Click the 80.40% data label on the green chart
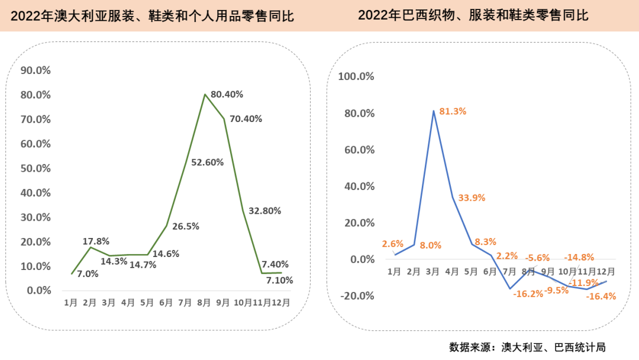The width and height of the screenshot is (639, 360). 227,94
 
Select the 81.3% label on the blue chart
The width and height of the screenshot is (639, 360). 453,111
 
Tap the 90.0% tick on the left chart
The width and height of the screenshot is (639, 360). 35,70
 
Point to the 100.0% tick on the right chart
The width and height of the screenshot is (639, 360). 356,76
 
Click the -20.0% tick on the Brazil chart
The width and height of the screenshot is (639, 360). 356,296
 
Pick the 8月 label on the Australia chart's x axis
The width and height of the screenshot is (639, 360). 204,303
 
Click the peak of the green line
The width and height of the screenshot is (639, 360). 205,94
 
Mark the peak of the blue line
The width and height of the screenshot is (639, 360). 434,111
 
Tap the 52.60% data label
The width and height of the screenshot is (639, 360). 207,162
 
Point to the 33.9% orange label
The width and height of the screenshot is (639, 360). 471,198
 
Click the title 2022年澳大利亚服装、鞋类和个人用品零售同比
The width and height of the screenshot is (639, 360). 152,16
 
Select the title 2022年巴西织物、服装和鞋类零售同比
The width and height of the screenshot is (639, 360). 473,15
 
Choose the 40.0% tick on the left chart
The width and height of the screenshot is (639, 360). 35,192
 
